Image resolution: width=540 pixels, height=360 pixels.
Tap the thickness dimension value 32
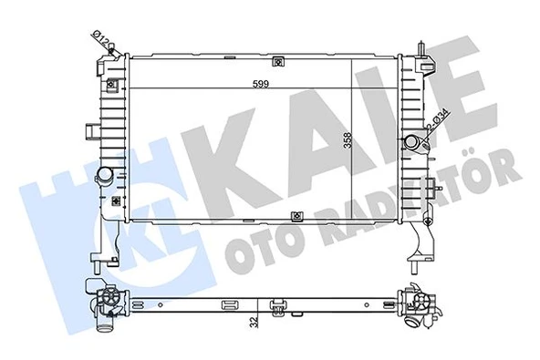pos(254,320)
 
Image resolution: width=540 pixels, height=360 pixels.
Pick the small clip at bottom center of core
pos(297,216)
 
